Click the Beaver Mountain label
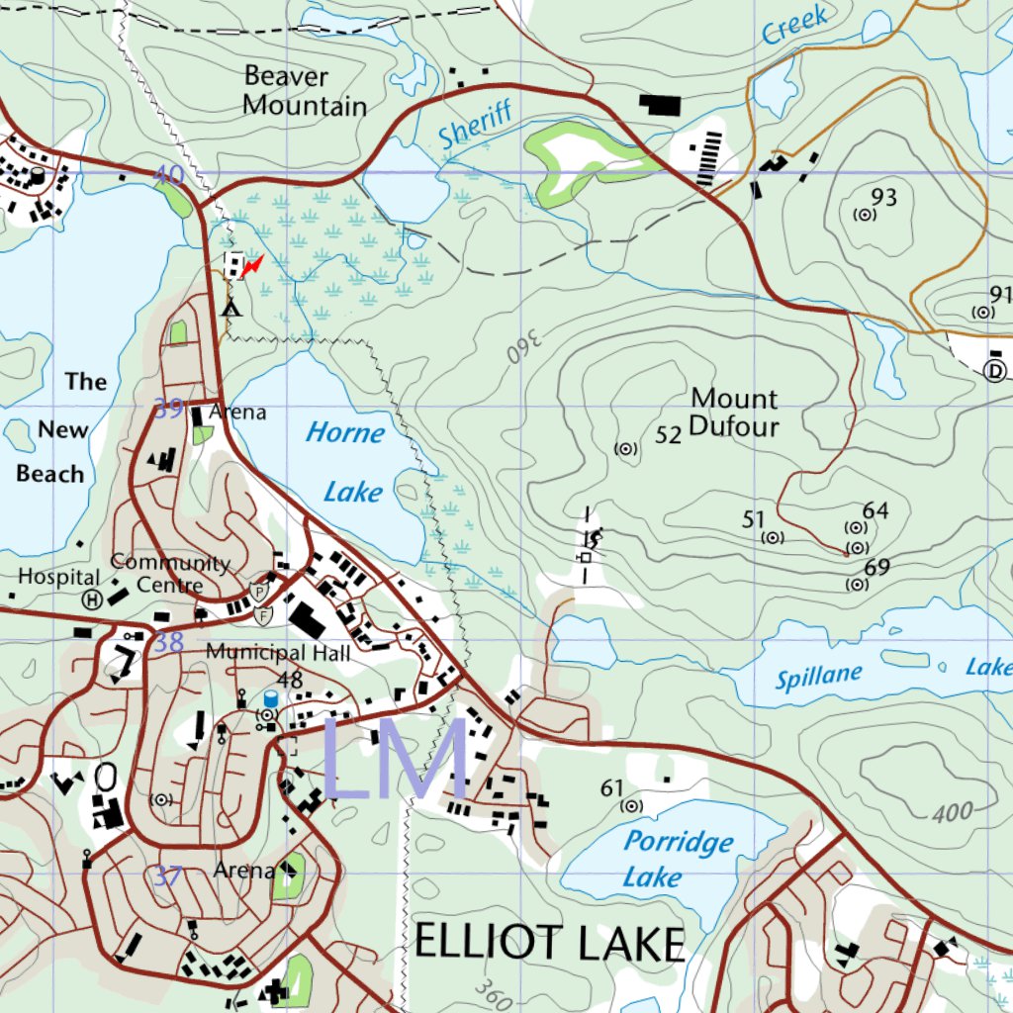click(x=305, y=91)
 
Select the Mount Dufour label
click(x=734, y=413)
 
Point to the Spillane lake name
click(x=819, y=678)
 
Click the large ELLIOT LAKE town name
click(x=549, y=944)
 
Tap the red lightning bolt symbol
click(x=253, y=265)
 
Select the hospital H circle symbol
click(x=92, y=599)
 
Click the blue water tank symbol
click(x=270, y=698)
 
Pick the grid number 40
click(x=169, y=175)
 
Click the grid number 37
click(x=169, y=875)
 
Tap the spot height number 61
click(x=612, y=787)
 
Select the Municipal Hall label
click(x=278, y=653)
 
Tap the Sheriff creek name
click(x=477, y=125)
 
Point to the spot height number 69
click(x=876, y=568)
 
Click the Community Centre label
click(x=169, y=573)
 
